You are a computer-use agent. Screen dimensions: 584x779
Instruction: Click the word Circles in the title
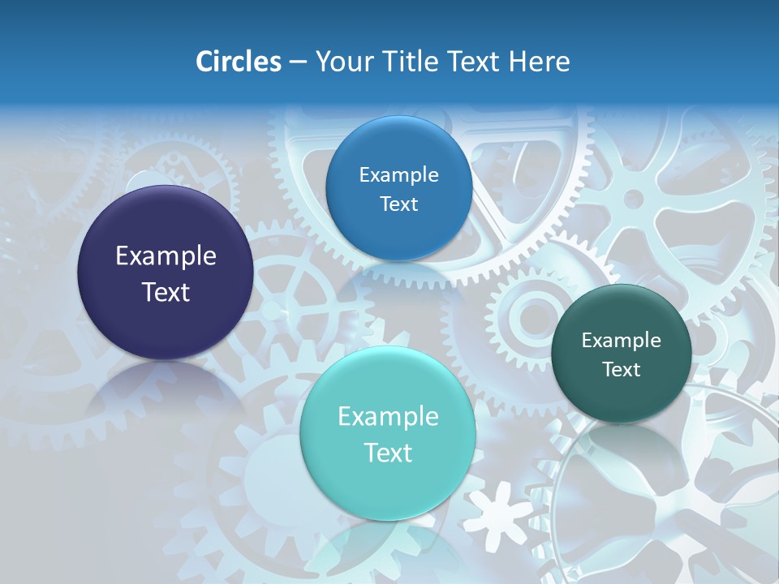[x=238, y=62]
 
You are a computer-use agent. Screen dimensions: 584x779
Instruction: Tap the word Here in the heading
[x=539, y=62]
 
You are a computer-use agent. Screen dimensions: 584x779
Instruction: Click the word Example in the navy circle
[x=166, y=256]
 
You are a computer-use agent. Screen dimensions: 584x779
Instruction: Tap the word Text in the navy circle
[x=166, y=292]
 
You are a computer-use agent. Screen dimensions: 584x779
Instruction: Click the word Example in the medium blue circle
[x=398, y=174]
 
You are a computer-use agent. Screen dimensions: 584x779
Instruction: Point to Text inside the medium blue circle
[x=398, y=204]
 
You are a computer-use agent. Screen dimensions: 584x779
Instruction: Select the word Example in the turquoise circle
[x=388, y=417]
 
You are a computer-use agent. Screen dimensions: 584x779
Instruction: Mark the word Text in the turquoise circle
[x=388, y=453]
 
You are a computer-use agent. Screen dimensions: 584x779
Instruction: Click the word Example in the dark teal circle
[x=621, y=340]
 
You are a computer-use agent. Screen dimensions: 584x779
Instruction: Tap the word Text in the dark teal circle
[x=621, y=369]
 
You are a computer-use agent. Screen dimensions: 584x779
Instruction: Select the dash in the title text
[x=297, y=62]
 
